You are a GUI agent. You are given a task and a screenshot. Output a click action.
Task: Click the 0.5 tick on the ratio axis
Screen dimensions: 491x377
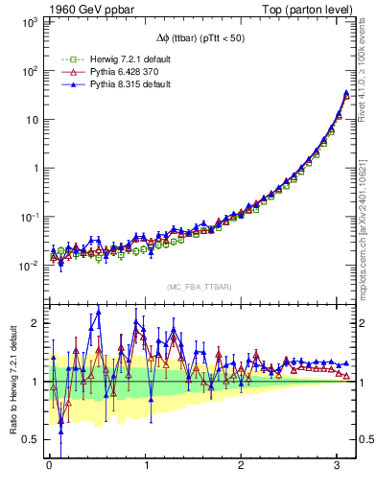(30, 439)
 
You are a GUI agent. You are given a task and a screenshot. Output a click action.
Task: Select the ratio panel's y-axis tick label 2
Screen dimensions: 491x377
(35, 323)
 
